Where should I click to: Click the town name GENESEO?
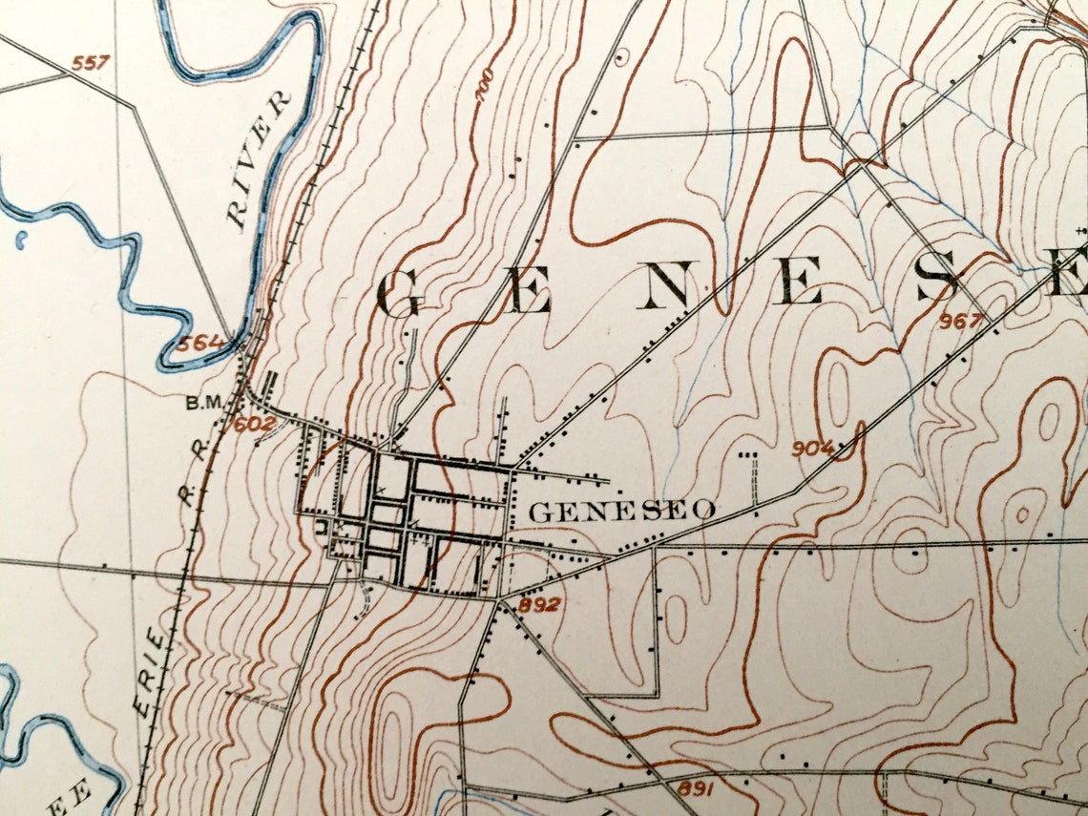(x=621, y=512)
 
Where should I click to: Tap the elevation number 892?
(x=540, y=604)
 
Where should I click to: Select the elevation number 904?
(x=812, y=448)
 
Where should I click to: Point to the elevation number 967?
(x=960, y=322)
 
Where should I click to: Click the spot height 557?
(x=91, y=64)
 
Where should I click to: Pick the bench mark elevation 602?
(x=254, y=423)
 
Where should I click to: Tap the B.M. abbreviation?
(x=203, y=403)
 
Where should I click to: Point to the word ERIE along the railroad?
(x=150, y=668)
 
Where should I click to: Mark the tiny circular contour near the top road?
(x=622, y=58)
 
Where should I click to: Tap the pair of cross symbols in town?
(x=396, y=506)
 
